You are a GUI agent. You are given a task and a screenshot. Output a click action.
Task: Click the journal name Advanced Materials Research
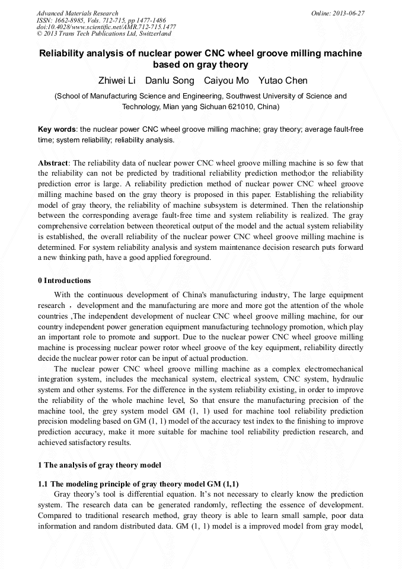tap(77, 13)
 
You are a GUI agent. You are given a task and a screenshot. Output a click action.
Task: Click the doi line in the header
tap(106, 27)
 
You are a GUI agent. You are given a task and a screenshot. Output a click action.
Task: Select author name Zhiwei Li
tap(117, 81)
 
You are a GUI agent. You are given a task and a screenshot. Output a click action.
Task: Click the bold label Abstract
tap(53, 163)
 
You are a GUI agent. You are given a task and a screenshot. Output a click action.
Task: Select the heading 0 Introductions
tap(65, 281)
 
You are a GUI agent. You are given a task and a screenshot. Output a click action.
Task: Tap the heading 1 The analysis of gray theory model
tap(99, 465)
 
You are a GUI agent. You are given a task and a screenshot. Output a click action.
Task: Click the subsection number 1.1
tap(43, 484)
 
